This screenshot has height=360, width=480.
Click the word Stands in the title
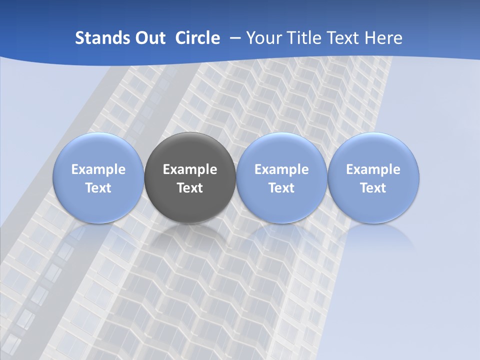click(96, 38)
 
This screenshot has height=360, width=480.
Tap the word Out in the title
click(148, 38)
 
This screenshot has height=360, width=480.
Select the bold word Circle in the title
click(197, 38)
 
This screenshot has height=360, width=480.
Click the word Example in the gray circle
click(190, 169)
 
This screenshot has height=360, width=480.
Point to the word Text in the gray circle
click(190, 188)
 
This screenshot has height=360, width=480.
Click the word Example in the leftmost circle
click(98, 169)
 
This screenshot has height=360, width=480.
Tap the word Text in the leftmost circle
click(98, 188)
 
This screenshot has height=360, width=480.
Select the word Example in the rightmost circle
click(373, 169)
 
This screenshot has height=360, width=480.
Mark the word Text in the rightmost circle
click(373, 188)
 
